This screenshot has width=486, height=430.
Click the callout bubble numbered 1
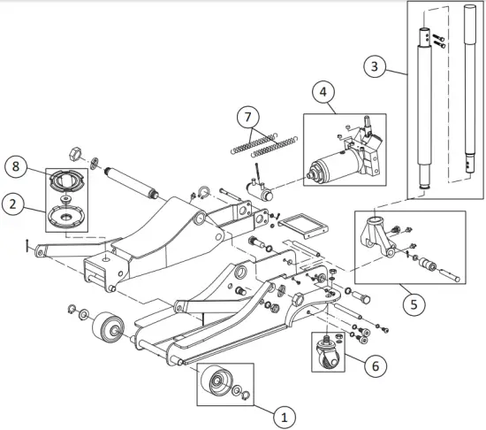[x=282, y=413]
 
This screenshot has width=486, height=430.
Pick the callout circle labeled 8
[x=14, y=165]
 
